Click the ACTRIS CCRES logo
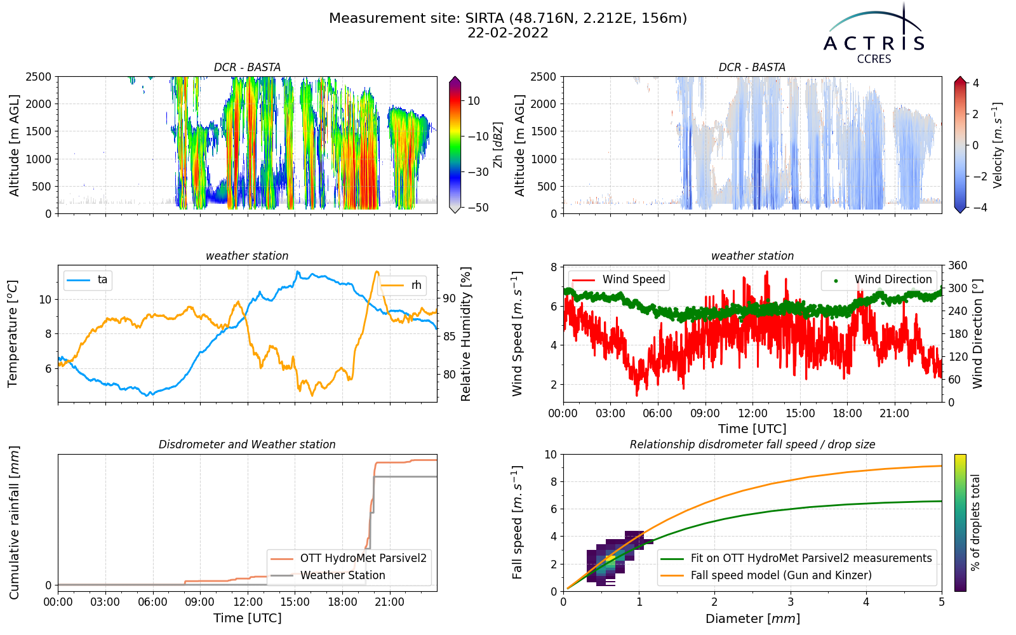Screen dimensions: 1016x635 click(x=874, y=34)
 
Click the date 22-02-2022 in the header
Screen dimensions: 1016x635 click(x=508, y=33)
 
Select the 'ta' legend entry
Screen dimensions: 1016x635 click(x=88, y=280)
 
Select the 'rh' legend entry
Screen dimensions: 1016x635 click(x=401, y=285)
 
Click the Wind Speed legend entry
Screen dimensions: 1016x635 click(x=618, y=279)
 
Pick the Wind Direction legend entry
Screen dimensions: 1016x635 click(x=878, y=279)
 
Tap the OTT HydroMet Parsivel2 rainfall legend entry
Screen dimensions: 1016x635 click(x=349, y=558)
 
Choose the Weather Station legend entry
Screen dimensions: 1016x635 click(x=328, y=575)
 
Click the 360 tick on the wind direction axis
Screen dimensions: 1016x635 click(x=958, y=265)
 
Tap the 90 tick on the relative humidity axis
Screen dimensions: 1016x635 click(x=449, y=298)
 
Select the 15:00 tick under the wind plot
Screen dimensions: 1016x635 click(x=800, y=413)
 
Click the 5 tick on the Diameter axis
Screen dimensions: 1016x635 click(x=942, y=603)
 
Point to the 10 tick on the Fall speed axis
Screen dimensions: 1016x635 click(x=551, y=455)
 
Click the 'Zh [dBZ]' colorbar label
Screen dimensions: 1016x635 click(x=498, y=145)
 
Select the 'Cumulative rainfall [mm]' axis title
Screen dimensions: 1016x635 click(x=14, y=523)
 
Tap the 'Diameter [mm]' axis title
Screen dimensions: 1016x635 click(x=752, y=618)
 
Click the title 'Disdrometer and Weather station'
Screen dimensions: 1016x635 click(x=247, y=444)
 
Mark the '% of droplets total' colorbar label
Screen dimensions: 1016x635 click(x=975, y=523)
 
